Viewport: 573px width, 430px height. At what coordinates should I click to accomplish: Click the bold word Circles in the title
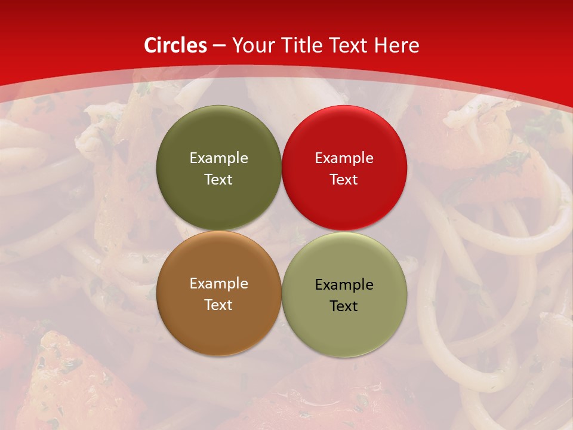click(175, 45)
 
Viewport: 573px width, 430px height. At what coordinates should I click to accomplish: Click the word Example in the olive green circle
click(218, 158)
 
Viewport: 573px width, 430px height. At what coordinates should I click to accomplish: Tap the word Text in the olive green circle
click(218, 179)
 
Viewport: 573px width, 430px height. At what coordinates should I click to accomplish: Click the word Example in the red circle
click(344, 158)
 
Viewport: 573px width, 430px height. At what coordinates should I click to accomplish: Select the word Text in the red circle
click(344, 179)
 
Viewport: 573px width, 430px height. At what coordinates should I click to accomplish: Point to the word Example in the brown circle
click(218, 283)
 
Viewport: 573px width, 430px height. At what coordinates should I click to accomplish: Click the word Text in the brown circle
click(218, 305)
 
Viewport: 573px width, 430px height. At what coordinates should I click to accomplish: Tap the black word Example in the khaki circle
click(344, 284)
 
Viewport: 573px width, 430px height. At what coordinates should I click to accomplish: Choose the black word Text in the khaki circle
click(344, 306)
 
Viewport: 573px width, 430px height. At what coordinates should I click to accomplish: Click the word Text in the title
click(349, 45)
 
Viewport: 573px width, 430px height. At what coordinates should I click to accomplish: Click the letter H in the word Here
click(380, 45)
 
